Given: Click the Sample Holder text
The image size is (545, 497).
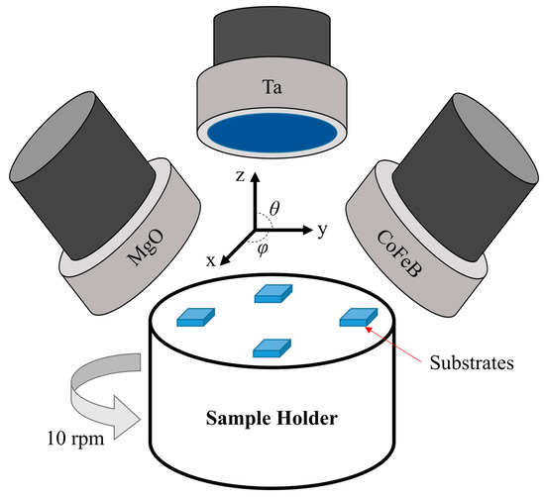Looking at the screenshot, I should [x=272, y=419].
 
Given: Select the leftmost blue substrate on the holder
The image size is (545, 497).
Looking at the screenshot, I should [x=195, y=316].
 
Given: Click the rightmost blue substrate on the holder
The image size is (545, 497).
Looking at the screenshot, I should [x=359, y=316].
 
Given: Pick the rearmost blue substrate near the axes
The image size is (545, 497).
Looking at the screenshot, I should [x=273, y=292].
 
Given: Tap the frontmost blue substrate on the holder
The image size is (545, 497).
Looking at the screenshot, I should [x=272, y=347].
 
